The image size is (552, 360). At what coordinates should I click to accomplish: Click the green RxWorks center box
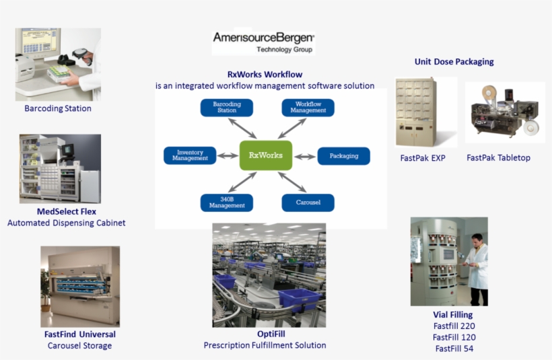(266, 155)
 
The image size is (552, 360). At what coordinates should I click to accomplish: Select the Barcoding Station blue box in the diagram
(227, 108)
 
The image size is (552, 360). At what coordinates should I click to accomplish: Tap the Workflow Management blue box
(308, 108)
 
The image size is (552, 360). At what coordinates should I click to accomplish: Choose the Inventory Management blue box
(190, 155)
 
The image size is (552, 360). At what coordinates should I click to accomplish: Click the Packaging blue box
(343, 156)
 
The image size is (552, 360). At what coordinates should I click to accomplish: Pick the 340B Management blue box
(227, 203)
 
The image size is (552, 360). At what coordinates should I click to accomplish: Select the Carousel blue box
(308, 203)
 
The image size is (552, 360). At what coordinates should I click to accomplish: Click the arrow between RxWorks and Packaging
(305, 156)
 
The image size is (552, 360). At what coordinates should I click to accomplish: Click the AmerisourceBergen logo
(264, 40)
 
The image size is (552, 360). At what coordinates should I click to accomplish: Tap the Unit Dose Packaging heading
(454, 62)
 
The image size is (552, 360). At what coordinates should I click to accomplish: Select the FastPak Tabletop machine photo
(504, 112)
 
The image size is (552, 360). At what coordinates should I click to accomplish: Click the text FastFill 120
(454, 337)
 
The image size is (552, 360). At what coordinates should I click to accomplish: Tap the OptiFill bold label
(265, 334)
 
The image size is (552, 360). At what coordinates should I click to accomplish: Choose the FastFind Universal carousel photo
(80, 286)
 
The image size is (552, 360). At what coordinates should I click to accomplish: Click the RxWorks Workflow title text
(265, 75)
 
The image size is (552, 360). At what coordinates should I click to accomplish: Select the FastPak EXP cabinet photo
(416, 112)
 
